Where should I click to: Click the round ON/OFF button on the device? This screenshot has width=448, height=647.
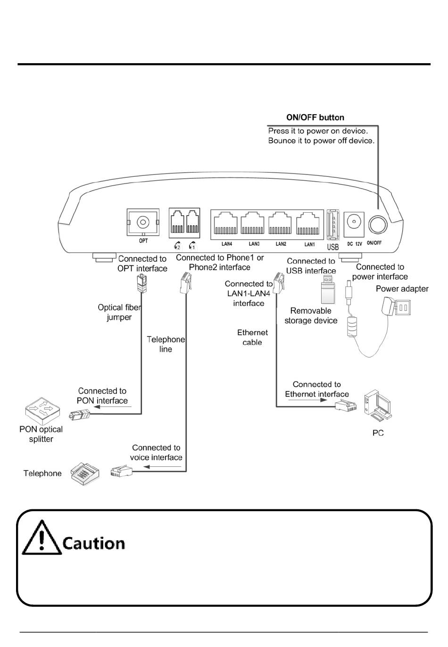coord(377,225)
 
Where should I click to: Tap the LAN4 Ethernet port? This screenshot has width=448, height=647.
coord(226,224)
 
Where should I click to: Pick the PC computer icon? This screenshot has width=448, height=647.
coord(378,405)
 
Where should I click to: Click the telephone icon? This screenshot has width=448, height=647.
coord(85,473)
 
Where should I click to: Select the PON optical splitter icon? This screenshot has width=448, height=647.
coord(42,406)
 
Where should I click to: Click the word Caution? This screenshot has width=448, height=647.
coord(94,543)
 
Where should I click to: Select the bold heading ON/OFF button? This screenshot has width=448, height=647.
coord(315,117)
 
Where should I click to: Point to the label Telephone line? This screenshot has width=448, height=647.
coord(166,344)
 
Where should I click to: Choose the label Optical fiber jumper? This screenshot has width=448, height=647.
coord(119,312)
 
